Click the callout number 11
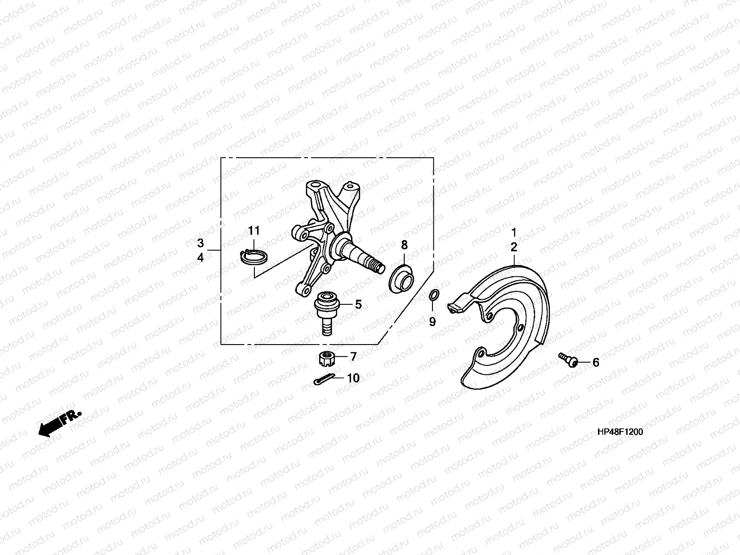coord(254,230)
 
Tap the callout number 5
coord(358,304)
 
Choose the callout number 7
coord(353,357)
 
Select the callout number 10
coord(353,378)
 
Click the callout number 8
coord(404,245)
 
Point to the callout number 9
coord(432,321)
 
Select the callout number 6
coord(596,363)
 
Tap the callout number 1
coord(513,232)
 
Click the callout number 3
coord(200,243)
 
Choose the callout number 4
coord(200,258)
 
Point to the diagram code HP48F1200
coord(620,432)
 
